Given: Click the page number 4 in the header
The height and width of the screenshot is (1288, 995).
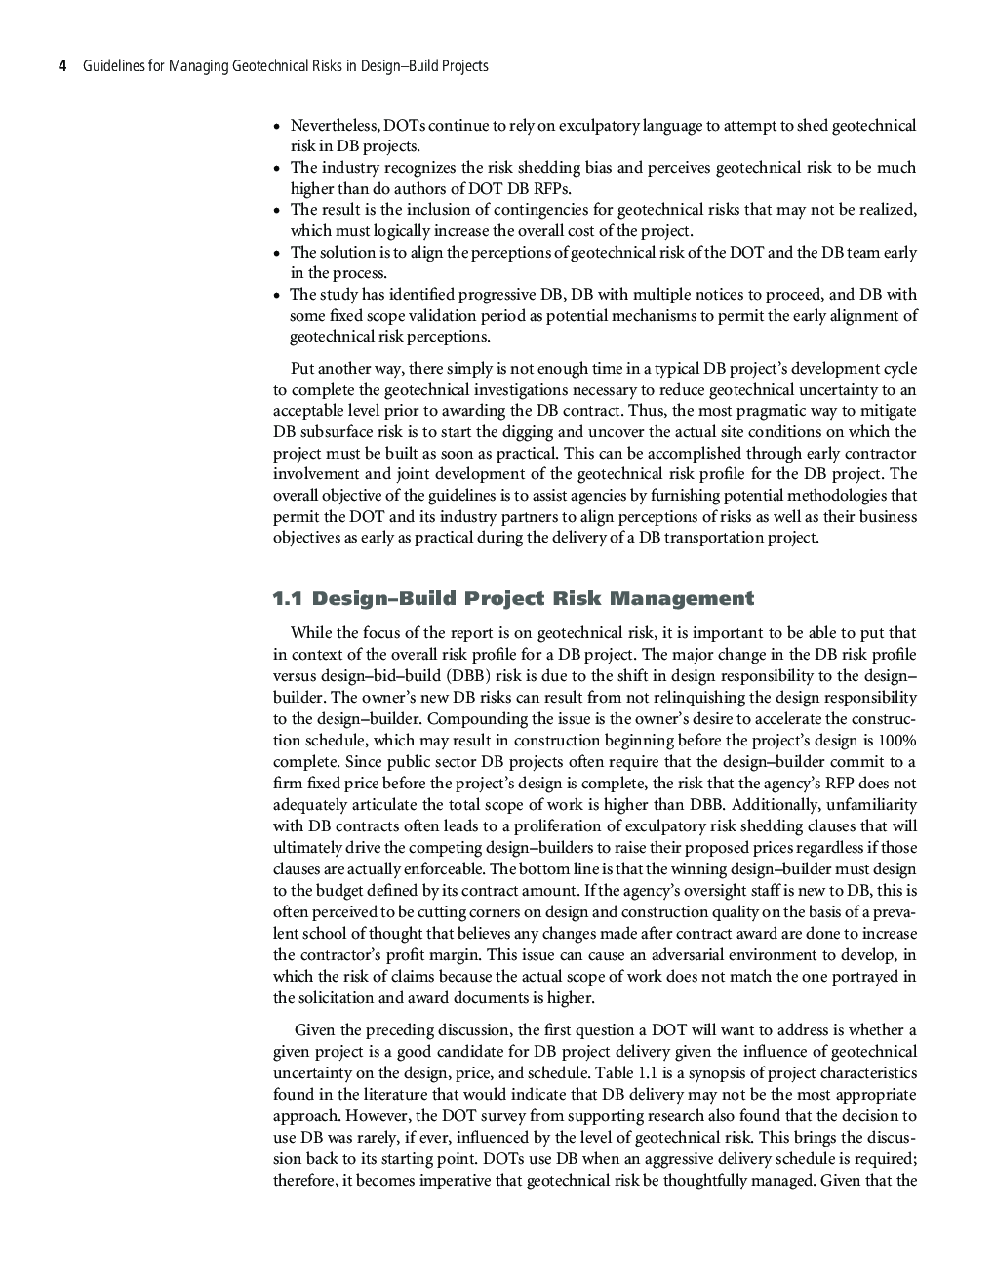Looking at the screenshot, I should (62, 66).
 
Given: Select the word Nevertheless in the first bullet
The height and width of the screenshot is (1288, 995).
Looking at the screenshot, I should (335, 126).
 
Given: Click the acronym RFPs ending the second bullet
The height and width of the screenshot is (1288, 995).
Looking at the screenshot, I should (549, 189).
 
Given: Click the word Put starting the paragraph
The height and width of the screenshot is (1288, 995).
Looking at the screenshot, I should (303, 369).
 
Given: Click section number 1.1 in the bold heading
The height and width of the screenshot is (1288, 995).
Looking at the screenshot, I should (288, 598).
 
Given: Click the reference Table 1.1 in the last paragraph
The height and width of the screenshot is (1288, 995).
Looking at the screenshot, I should (625, 1073).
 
